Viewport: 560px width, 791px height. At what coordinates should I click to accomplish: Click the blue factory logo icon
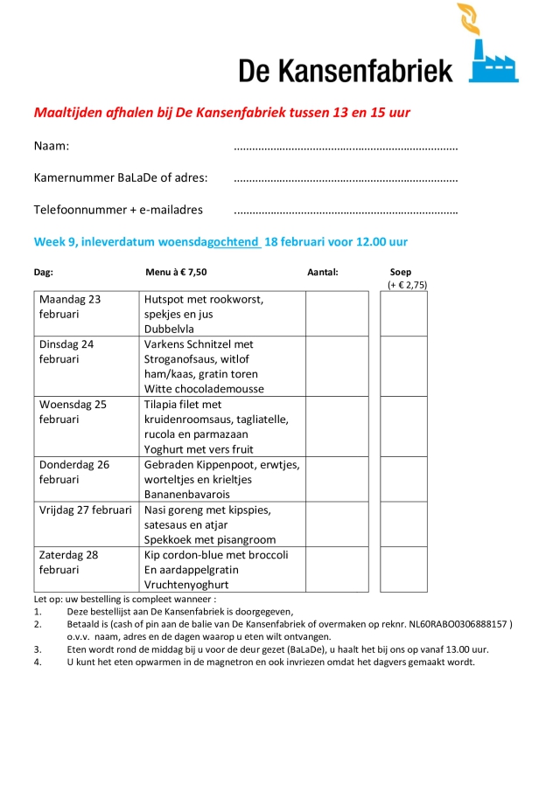tap(493, 61)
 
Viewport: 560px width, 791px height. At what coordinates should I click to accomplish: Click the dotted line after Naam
tap(346, 148)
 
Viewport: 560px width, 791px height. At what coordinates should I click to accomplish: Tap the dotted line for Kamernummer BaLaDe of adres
tap(346, 180)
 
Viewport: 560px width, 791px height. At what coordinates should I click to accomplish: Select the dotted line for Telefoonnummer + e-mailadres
tap(346, 212)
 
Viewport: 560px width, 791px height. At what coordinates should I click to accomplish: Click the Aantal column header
tap(322, 272)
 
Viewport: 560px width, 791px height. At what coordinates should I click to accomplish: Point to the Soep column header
tap(402, 272)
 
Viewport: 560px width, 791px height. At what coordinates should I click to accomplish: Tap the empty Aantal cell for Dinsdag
tap(337, 366)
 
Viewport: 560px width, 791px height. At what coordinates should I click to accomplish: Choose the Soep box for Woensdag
tap(403, 427)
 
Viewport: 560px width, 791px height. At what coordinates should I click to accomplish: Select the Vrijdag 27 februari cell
tap(87, 510)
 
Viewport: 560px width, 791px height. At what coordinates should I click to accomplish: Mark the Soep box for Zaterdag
tap(403, 570)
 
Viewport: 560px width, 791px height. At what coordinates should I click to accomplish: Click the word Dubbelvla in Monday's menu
tap(169, 330)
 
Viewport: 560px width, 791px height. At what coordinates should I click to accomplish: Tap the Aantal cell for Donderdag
tap(337, 479)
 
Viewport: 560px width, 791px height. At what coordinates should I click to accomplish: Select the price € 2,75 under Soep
tap(407, 286)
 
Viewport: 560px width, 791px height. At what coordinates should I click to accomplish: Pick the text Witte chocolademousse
tap(204, 389)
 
